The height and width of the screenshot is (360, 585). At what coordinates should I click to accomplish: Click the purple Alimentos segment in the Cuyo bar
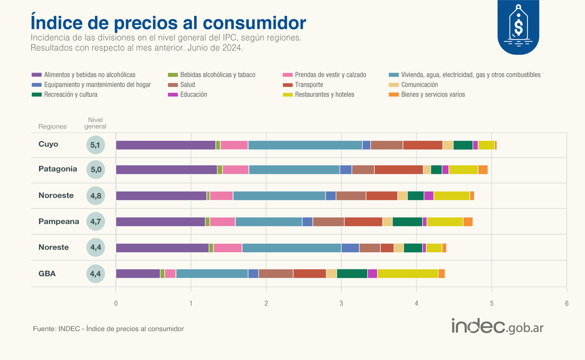pyautogui.click(x=166, y=145)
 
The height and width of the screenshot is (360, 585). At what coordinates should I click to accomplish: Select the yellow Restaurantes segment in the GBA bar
pyautogui.click(x=408, y=273)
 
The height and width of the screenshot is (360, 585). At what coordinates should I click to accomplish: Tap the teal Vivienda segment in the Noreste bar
pyautogui.click(x=292, y=247)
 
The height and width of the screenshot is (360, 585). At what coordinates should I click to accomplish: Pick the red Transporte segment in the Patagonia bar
pyautogui.click(x=398, y=170)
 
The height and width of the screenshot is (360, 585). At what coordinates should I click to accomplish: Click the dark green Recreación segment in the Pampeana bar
pyautogui.click(x=407, y=222)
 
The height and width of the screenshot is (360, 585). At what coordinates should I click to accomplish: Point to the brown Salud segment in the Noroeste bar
pyautogui.click(x=351, y=196)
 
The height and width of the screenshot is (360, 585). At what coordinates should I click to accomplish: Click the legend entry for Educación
pyautogui.click(x=193, y=95)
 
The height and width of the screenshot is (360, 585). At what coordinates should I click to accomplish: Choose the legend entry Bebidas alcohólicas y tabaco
pyautogui.click(x=217, y=75)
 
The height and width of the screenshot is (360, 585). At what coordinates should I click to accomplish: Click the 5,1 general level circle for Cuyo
pyautogui.click(x=95, y=145)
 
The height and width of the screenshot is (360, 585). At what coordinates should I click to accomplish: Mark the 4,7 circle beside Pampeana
pyautogui.click(x=95, y=222)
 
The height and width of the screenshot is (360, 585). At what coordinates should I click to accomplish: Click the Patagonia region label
pyautogui.click(x=58, y=169)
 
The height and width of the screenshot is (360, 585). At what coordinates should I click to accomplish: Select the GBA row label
pyautogui.click(x=47, y=274)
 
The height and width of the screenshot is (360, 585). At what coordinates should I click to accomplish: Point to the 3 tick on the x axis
pyautogui.click(x=341, y=303)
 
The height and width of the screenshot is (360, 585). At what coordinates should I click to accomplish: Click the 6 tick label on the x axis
pyautogui.click(x=566, y=303)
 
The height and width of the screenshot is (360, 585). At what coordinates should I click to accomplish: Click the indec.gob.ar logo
pyautogui.click(x=497, y=326)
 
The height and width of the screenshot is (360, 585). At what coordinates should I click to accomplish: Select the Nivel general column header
pyautogui.click(x=95, y=123)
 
